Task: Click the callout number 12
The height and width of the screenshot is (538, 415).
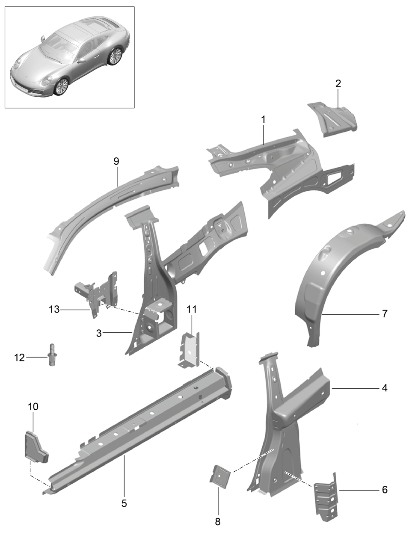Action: [19, 358]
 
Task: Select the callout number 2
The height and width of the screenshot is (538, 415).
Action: [338, 84]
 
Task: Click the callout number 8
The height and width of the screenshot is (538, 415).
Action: [218, 522]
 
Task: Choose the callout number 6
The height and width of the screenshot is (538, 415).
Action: [385, 490]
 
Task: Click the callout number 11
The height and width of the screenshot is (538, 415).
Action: [192, 309]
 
